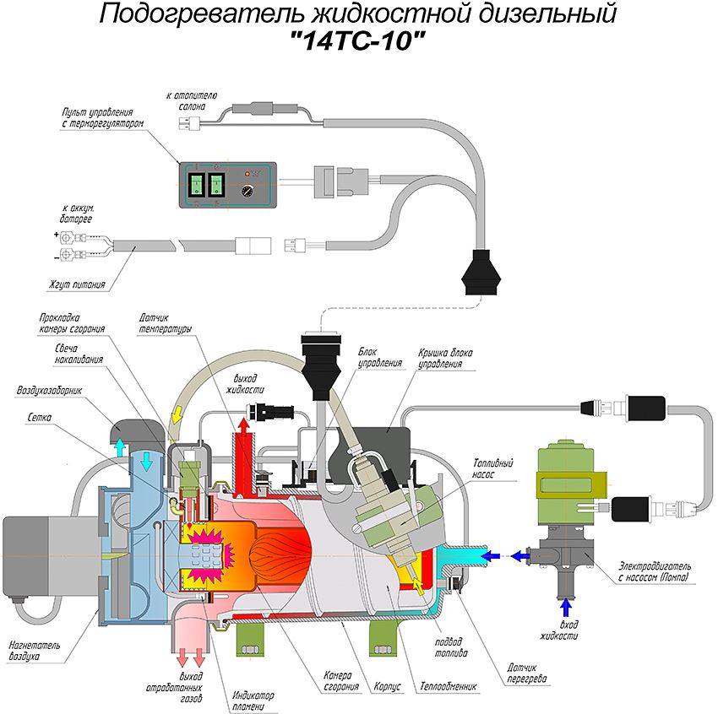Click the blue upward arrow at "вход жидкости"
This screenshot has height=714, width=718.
pyautogui.click(x=566, y=607)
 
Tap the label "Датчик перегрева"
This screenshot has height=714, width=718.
pyautogui.click(x=523, y=673)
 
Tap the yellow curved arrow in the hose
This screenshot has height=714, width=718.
pyautogui.click(x=176, y=414)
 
